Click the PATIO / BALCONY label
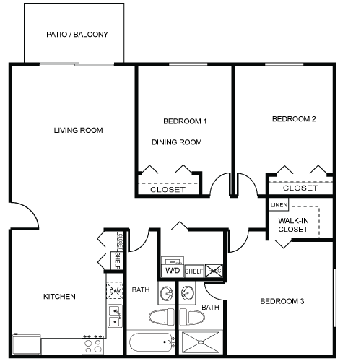77,34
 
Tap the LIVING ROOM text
78,131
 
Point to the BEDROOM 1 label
185,121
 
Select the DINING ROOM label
176,142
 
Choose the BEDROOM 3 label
282,300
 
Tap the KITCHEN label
59,297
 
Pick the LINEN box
279,205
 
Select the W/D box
173,270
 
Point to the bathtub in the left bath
152,342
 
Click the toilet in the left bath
160,316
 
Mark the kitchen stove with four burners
92,344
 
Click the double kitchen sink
114,316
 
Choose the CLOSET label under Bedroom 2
300,188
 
